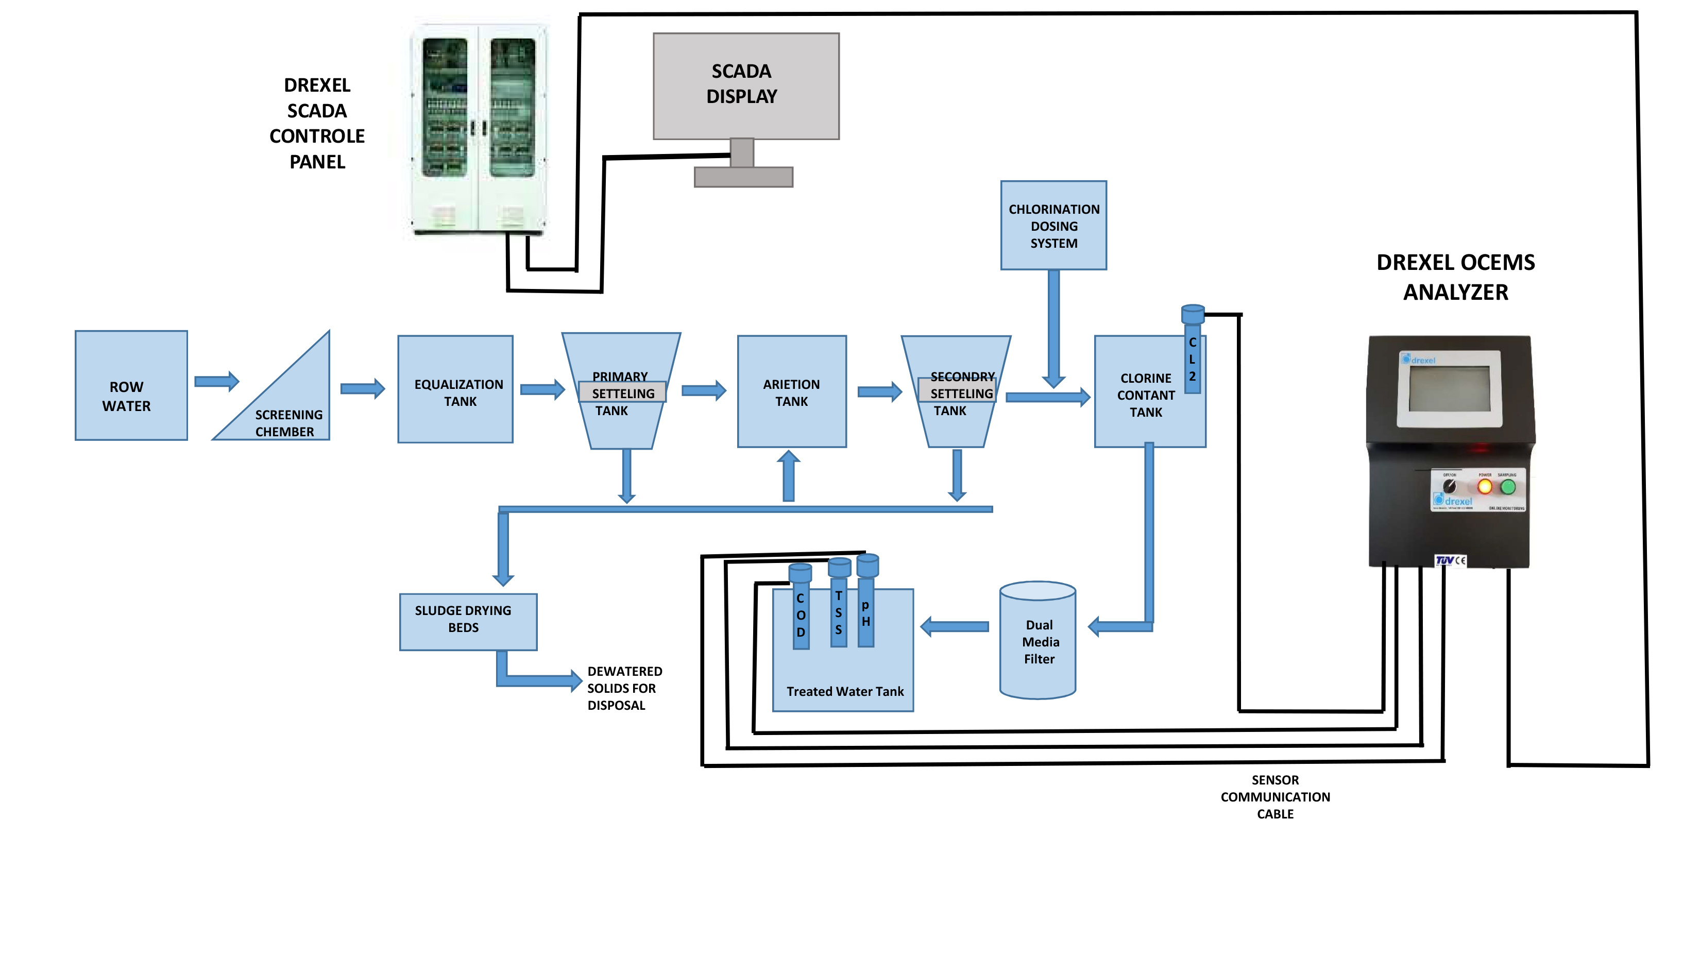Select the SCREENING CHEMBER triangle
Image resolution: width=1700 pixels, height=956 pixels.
[291, 409]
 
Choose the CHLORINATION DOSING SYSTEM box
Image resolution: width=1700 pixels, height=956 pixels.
[1053, 226]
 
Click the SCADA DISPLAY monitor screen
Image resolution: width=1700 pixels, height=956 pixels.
[746, 86]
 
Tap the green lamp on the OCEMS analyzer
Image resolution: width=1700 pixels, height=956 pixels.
[1508, 487]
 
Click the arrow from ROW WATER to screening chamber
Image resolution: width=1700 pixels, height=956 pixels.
[216, 381]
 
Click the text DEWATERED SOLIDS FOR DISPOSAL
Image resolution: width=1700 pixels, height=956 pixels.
[624, 688]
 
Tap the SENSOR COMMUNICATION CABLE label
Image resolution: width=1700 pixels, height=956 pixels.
[1274, 797]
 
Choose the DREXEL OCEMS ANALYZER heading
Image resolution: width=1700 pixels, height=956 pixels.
[1455, 277]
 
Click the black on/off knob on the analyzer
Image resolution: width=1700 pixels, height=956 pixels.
[1449, 486]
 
